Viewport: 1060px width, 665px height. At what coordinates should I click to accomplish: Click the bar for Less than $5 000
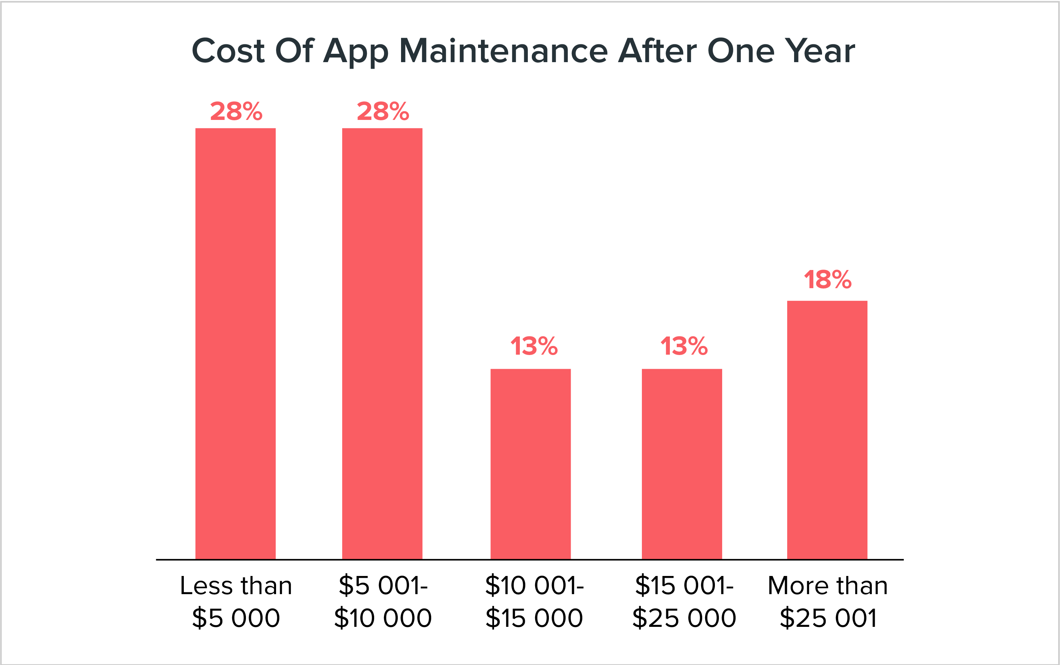(235, 343)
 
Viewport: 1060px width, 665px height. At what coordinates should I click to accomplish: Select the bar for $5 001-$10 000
(382, 343)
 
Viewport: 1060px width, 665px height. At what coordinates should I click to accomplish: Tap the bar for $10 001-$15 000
(530, 464)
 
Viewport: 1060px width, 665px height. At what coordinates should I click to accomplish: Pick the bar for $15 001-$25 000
(681, 464)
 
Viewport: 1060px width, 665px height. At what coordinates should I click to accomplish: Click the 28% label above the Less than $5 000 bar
(236, 111)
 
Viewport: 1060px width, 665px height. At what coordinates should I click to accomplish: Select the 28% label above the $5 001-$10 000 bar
(383, 111)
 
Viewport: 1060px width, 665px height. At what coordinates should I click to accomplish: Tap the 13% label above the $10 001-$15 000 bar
(534, 346)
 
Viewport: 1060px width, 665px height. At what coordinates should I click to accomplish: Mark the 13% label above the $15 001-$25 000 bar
(684, 346)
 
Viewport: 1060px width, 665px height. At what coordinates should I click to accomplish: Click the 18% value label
(828, 280)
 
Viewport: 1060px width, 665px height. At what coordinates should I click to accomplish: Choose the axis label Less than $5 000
(236, 601)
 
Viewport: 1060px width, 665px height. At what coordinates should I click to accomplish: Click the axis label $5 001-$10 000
(383, 601)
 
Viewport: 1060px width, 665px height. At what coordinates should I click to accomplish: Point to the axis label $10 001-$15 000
(534, 601)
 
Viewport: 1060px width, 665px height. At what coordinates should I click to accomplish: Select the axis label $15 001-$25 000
(684, 601)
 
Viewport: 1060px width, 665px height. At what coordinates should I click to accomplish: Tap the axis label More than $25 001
(828, 601)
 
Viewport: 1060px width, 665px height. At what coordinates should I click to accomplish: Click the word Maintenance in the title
(503, 51)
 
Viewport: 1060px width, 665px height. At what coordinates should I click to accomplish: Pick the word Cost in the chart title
(228, 51)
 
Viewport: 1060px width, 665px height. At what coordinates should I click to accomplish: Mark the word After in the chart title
(657, 51)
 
